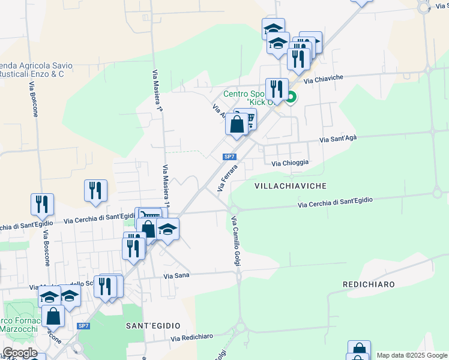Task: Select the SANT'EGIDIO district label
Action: (x=152, y=325)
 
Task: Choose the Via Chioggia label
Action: (x=290, y=163)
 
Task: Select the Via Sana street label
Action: (x=176, y=276)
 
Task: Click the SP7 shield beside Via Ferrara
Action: (x=229, y=157)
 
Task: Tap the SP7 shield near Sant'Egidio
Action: (x=83, y=326)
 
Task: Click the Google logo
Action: (x=20, y=353)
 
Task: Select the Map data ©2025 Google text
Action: (x=412, y=355)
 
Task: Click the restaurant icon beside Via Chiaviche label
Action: (x=277, y=89)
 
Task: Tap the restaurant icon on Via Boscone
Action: (x=42, y=204)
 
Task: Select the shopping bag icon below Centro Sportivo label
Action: (x=237, y=124)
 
